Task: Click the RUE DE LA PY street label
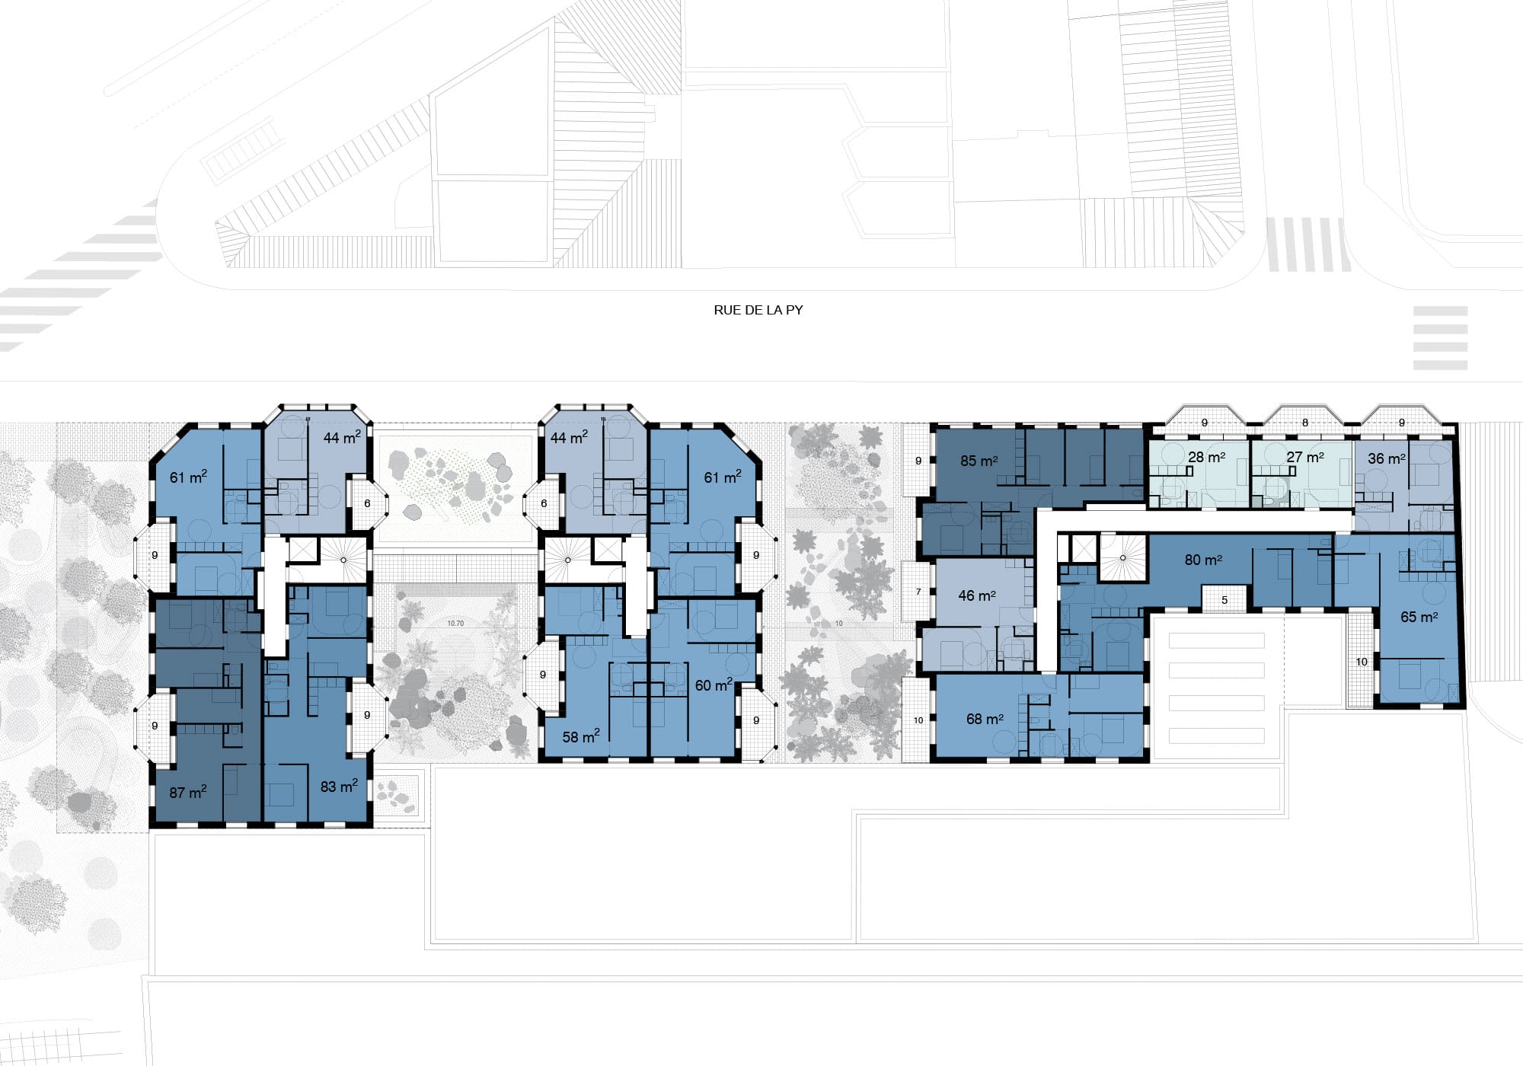[x=758, y=310]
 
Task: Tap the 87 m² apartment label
[x=188, y=792]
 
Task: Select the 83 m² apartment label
[x=339, y=786]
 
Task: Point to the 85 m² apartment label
[x=979, y=461]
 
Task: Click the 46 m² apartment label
[x=977, y=595]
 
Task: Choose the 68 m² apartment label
[x=985, y=719]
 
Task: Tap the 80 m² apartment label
[x=1203, y=560]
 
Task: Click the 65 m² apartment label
[x=1419, y=617]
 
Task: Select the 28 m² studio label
[x=1206, y=457]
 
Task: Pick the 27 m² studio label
[x=1304, y=457]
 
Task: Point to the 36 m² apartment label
[x=1386, y=458]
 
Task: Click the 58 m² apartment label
[x=581, y=736]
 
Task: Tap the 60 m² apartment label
[x=714, y=685]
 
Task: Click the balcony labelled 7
[x=918, y=592]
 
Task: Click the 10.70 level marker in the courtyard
[x=455, y=623]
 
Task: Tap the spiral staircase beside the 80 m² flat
[x=1123, y=558]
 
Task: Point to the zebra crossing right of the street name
[x=1440, y=338]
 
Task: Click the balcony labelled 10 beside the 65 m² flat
[x=1362, y=660]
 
